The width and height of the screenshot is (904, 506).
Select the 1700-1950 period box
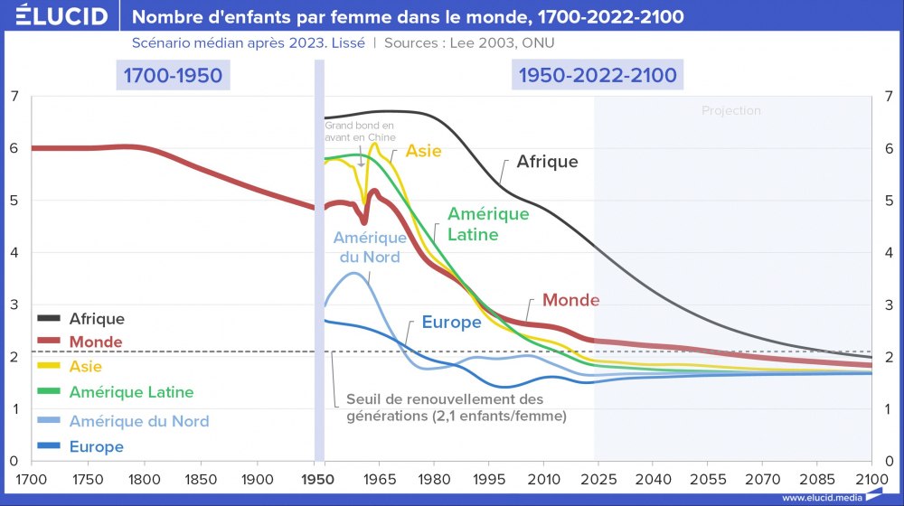pos(173,75)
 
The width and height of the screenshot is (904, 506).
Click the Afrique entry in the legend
pos(97,319)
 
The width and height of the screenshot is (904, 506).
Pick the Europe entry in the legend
pos(97,446)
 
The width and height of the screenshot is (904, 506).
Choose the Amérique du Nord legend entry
pos(138,421)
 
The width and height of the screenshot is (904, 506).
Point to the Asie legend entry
pos(86,367)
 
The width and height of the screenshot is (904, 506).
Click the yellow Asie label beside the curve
pos(423,151)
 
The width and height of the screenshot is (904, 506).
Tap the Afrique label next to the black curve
pos(547,163)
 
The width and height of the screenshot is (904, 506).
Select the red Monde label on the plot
pos(570,300)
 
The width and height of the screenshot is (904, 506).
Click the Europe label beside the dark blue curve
pos(451,323)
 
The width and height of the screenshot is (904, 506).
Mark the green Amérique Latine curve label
pos(488,224)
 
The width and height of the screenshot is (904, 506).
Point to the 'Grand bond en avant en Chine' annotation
pos(360,131)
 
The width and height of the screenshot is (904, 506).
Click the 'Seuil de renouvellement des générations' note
pos(456,408)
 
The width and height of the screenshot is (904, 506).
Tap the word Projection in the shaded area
pos(731,111)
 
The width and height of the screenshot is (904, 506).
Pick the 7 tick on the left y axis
pos(14,96)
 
